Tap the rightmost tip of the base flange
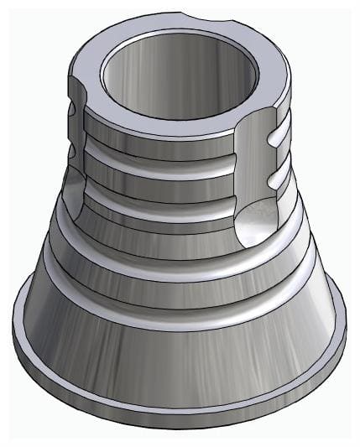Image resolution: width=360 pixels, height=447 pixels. click(346, 335)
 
